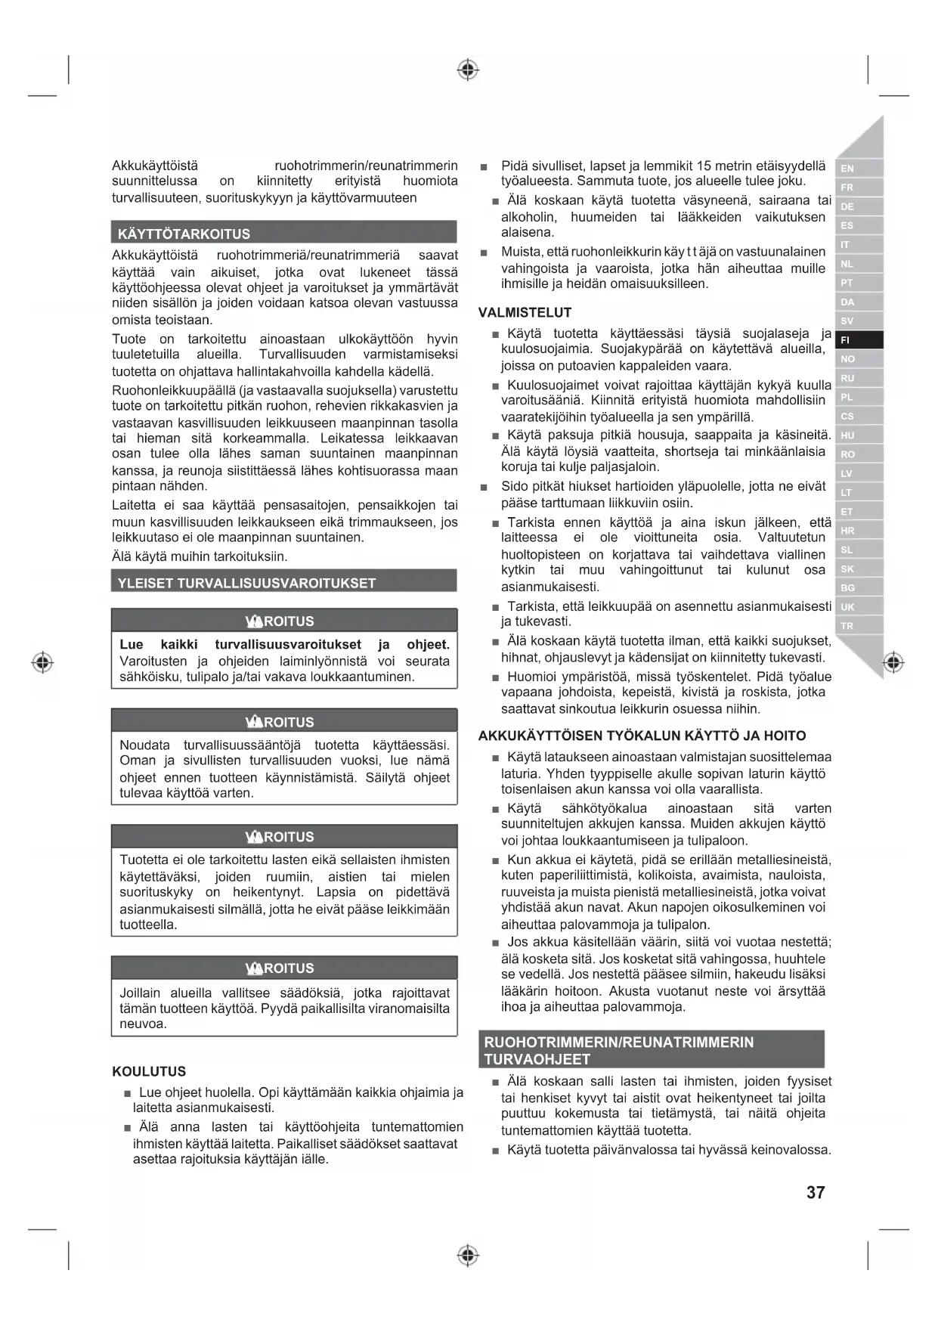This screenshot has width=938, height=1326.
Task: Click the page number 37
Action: pyautogui.click(x=816, y=1192)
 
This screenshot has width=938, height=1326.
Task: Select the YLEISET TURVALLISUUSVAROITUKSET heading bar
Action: pyautogui.click(x=283, y=583)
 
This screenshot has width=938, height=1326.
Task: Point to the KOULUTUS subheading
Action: pyautogui.click(x=149, y=1071)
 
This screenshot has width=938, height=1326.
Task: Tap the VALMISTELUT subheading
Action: pyautogui.click(x=525, y=312)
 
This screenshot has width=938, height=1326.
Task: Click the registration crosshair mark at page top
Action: pyautogui.click(x=468, y=70)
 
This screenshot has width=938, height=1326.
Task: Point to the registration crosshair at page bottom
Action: pyautogui.click(x=468, y=1256)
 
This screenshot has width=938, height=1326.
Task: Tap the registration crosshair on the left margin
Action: pyautogui.click(x=43, y=662)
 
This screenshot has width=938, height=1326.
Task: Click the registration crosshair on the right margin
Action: pyautogui.click(x=893, y=662)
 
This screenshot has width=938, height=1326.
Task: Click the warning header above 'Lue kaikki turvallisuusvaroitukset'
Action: pyautogui.click(x=283, y=621)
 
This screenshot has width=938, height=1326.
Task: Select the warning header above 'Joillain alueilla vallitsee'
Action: pyautogui.click(x=283, y=968)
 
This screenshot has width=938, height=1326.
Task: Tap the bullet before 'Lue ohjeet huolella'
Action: pyautogui.click(x=128, y=1093)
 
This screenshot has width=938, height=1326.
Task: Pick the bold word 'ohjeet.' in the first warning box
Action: pyautogui.click(x=428, y=644)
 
